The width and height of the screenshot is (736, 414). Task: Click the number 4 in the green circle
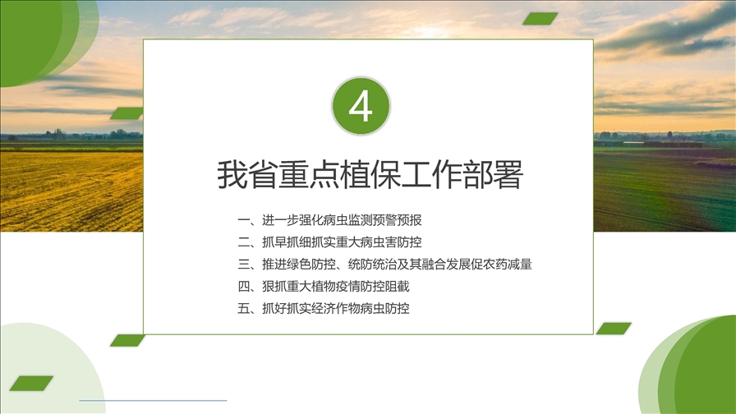point(361,106)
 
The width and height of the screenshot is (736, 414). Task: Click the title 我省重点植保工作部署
point(370,175)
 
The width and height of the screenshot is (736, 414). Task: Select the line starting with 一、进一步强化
point(329,219)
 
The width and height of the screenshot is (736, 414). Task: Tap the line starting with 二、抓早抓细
point(329,241)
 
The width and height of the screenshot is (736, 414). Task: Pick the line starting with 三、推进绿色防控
point(385,264)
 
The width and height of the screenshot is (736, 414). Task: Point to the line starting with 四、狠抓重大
point(324,287)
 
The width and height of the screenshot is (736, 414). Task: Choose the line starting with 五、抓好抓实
point(324,308)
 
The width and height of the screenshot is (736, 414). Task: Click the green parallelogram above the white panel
point(540,19)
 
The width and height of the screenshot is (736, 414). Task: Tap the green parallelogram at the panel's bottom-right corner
point(614,329)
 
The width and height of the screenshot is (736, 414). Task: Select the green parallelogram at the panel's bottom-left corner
point(127,340)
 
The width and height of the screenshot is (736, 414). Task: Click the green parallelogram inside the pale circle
point(31,383)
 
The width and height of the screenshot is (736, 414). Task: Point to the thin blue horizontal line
point(153,400)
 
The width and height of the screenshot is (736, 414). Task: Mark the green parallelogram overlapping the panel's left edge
point(127,113)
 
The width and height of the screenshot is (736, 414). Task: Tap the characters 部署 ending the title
point(494,175)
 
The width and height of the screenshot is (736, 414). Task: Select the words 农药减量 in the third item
point(508,264)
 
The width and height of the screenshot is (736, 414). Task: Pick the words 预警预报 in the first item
point(398,219)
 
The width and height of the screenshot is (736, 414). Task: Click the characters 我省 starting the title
point(247,175)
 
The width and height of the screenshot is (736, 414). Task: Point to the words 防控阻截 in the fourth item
point(385,287)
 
